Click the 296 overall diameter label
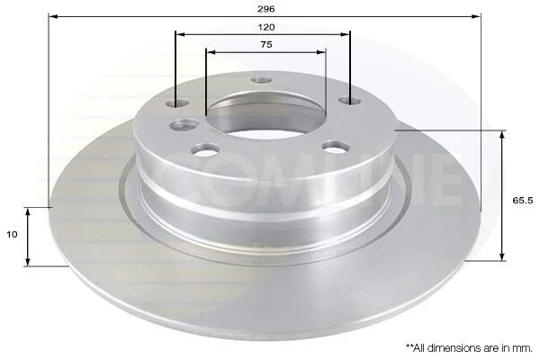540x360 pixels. pyautogui.click(x=266, y=9)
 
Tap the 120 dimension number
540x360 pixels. pyautogui.click(x=266, y=27)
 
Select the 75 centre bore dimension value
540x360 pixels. pyautogui.click(x=266, y=44)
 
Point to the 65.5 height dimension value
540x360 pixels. pyautogui.click(x=523, y=200)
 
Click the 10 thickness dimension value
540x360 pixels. pyautogui.click(x=12, y=235)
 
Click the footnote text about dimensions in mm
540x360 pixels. pyautogui.click(x=469, y=348)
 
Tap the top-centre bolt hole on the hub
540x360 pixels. pyautogui.click(x=262, y=80)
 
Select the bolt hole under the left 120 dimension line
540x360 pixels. pyautogui.click(x=177, y=103)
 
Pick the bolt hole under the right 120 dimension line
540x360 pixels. pyautogui.click(x=350, y=100)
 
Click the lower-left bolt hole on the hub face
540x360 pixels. pyautogui.click(x=206, y=149)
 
